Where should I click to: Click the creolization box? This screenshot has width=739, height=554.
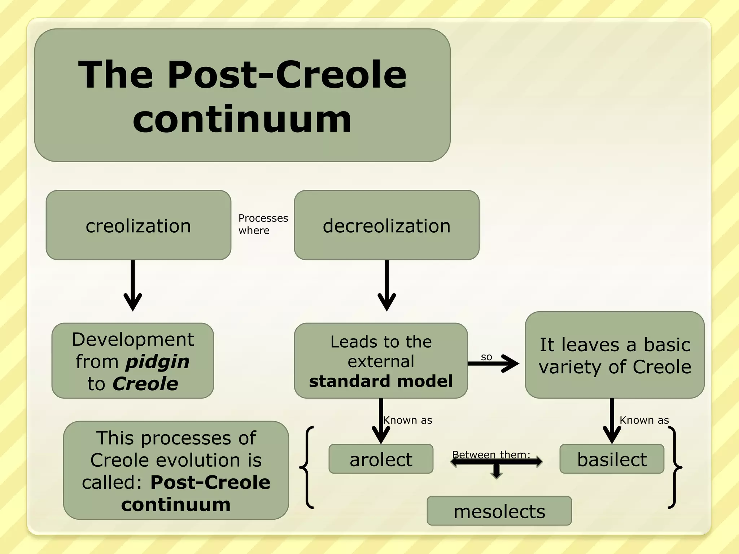[138, 225]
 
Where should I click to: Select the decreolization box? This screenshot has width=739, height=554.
[386, 225]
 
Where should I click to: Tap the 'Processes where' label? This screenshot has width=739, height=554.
[263, 224]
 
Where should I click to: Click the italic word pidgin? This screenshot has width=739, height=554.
[157, 361]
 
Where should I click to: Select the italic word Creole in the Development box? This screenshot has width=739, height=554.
[145, 383]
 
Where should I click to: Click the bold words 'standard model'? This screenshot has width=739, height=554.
[381, 381]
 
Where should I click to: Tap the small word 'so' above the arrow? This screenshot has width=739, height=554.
[486, 357]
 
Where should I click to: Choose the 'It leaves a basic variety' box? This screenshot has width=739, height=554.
[615, 355]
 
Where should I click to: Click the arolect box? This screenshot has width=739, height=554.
[381, 459]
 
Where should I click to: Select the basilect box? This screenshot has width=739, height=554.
[612, 459]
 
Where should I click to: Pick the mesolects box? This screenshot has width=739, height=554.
[499, 511]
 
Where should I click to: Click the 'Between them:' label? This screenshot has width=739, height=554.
[491, 454]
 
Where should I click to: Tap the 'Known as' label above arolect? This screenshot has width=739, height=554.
[407, 420]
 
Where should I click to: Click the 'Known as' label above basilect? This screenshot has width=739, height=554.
[644, 420]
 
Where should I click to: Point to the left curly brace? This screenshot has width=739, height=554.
[307, 467]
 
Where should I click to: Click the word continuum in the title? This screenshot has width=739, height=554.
[242, 119]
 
